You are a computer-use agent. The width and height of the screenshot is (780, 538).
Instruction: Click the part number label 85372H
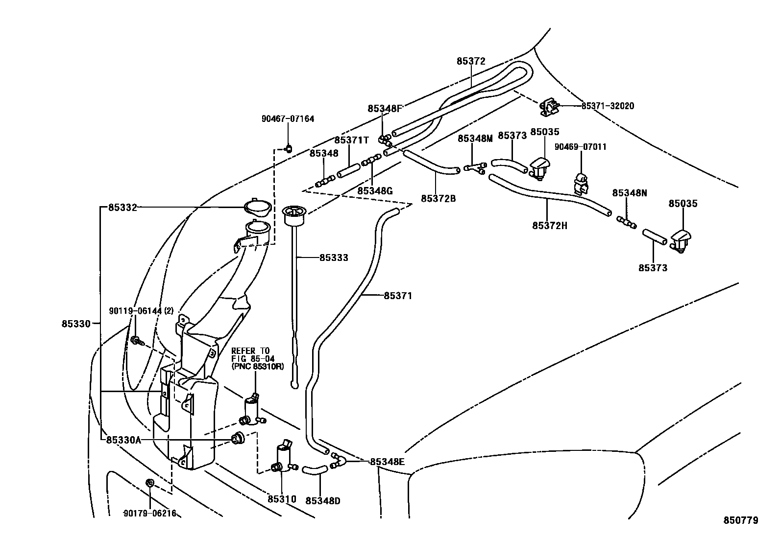[x=549, y=226]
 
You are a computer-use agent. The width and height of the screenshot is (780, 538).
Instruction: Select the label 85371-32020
[x=608, y=106]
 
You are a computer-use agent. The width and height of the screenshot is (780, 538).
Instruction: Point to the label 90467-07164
[x=288, y=118]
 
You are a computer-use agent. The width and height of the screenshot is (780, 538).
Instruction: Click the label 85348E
[x=388, y=462]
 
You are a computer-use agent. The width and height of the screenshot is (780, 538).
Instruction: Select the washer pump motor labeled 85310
[x=282, y=460]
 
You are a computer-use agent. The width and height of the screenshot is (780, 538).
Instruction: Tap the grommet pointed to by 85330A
[x=238, y=439]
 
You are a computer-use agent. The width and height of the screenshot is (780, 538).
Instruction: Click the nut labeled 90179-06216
[x=151, y=484]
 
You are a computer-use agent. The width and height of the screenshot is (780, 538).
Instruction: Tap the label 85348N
[x=629, y=193]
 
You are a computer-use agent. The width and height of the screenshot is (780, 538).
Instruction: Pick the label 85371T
[x=351, y=140]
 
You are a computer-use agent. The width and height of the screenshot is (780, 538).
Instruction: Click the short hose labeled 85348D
[x=314, y=470]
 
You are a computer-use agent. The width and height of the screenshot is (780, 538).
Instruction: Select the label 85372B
[x=438, y=199]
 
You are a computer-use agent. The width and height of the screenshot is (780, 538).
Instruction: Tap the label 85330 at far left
[x=76, y=324]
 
